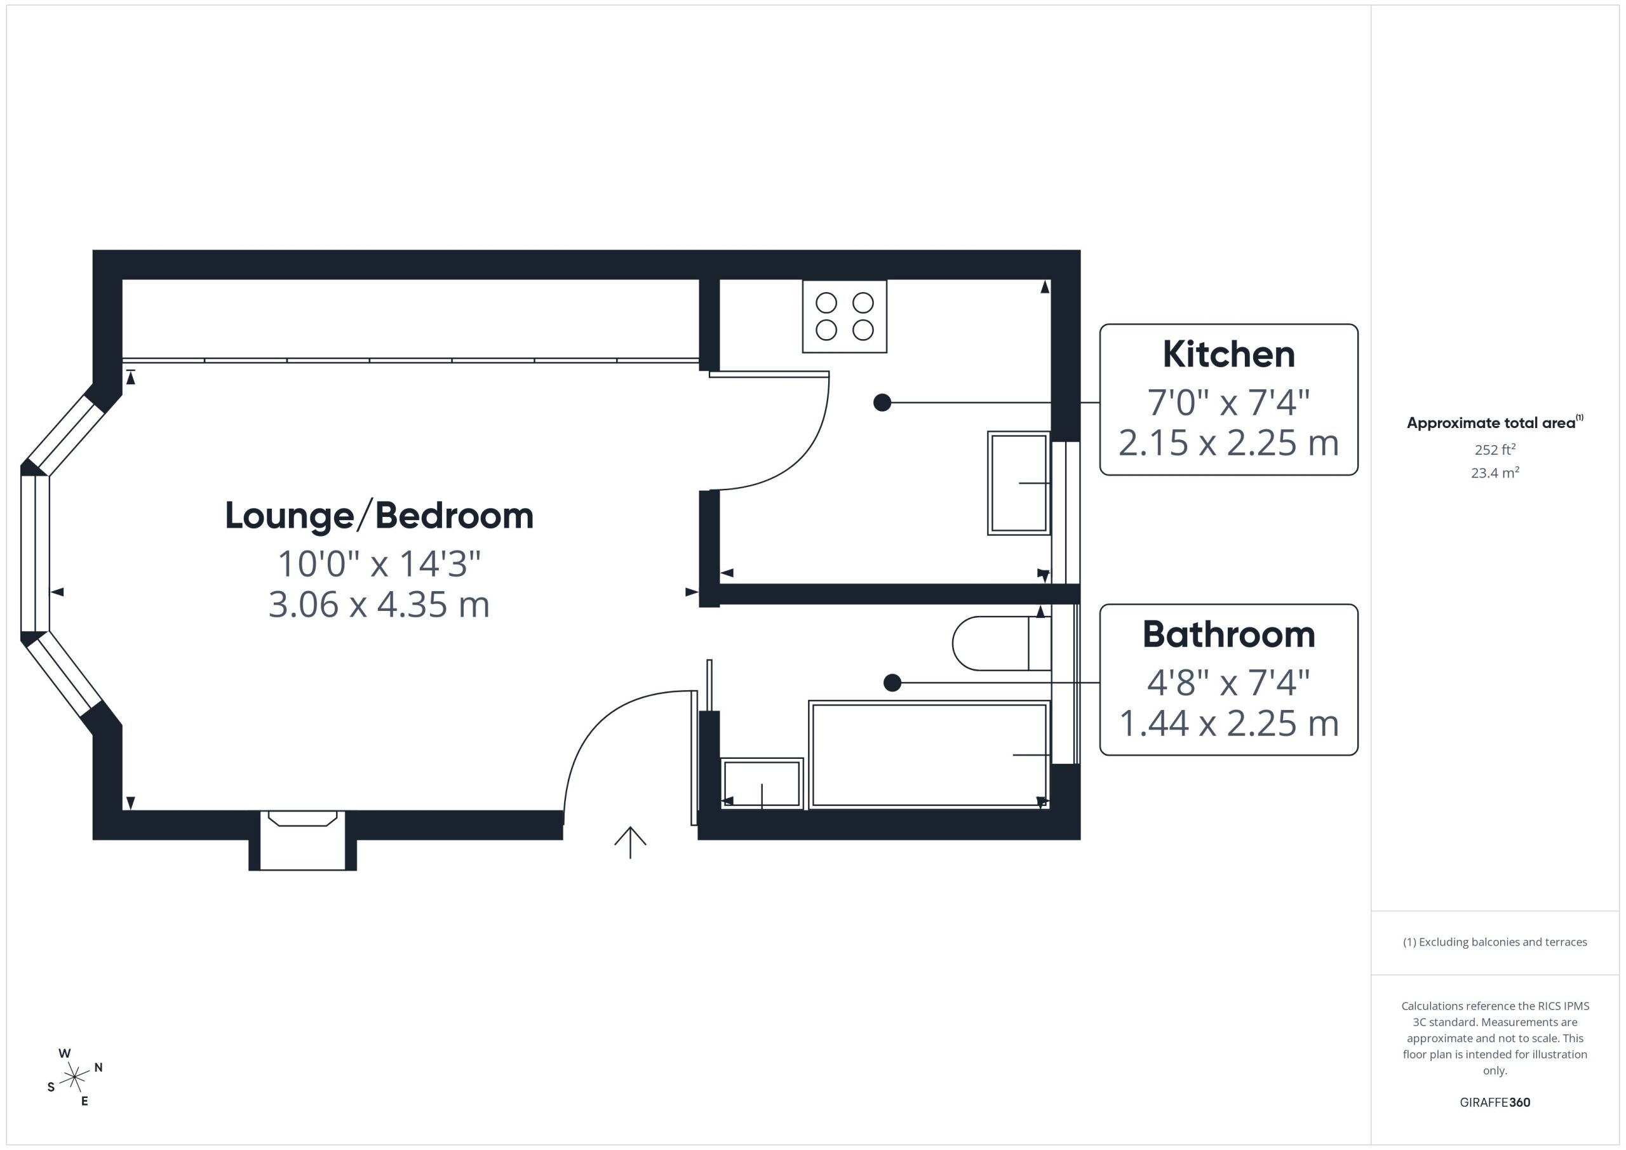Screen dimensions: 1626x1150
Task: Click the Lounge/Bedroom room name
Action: (379, 516)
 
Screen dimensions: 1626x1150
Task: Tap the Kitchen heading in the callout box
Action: (1228, 354)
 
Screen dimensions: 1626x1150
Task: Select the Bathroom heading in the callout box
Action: (1228, 634)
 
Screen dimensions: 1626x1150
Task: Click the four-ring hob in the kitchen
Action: (844, 316)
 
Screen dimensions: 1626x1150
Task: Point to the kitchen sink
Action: (1019, 483)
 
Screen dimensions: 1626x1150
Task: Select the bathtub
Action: (929, 755)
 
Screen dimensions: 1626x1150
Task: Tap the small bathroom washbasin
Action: (762, 784)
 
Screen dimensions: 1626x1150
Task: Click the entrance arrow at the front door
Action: (630, 843)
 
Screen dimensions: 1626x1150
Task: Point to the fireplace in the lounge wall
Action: (302, 841)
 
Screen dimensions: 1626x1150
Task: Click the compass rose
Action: (74, 1077)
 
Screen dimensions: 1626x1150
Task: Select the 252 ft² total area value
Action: (1495, 450)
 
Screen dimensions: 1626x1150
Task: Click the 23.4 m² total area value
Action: (1495, 472)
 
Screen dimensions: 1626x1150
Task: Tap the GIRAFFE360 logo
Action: (1495, 1102)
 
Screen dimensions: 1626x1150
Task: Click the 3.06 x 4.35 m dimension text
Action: (379, 605)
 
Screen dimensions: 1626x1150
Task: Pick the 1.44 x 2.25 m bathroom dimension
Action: (1228, 724)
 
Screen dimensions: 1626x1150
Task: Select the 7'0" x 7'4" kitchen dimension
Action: (1228, 402)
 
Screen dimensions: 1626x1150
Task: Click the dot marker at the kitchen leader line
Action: (882, 402)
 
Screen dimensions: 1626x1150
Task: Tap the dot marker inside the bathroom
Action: (892, 683)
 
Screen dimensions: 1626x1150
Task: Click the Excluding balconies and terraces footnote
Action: (1495, 942)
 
